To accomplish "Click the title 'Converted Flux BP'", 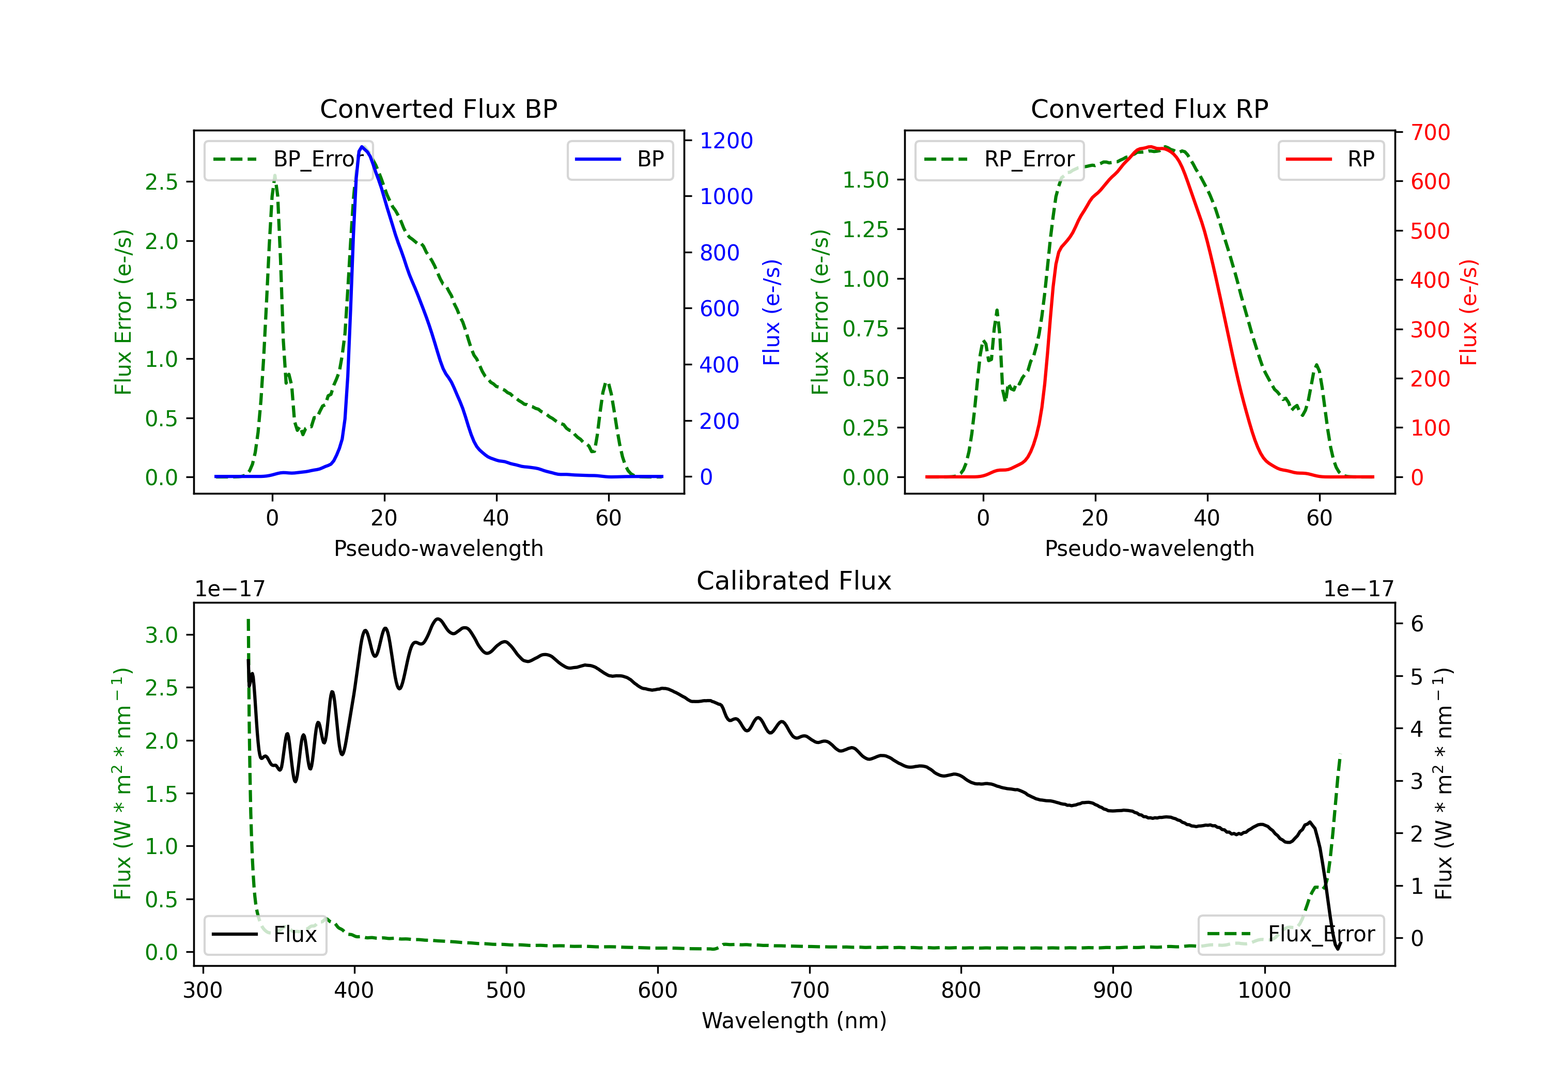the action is click(438, 109).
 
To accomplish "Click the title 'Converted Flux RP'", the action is click(1149, 109).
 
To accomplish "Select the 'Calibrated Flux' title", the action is click(794, 581).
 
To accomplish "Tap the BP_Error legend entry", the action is click(288, 159).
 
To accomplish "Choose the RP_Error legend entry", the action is click(999, 159).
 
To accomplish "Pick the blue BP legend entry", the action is click(619, 159).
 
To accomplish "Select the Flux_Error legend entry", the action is click(1291, 935).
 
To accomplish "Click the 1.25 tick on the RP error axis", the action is click(865, 229).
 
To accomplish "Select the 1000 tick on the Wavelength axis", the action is click(1264, 990).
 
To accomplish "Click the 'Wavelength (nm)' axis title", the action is click(794, 1021).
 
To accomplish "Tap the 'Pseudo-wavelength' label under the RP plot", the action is click(1149, 548).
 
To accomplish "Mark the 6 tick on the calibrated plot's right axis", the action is click(1417, 624).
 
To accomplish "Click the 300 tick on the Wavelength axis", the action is click(203, 990).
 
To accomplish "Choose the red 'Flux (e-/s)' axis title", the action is click(1468, 312).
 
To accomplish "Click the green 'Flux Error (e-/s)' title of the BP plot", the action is click(123, 312).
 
